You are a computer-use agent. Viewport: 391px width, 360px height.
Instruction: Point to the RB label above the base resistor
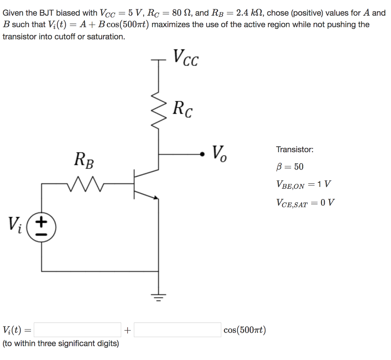click(x=84, y=160)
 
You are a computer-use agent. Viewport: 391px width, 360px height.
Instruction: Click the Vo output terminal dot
click(x=202, y=154)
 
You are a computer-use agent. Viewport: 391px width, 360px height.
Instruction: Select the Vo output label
click(x=219, y=154)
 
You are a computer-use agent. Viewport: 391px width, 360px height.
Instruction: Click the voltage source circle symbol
click(x=42, y=228)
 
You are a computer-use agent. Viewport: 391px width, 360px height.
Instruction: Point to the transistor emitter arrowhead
click(x=155, y=197)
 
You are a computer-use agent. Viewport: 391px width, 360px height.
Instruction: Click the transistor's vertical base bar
click(x=134, y=184)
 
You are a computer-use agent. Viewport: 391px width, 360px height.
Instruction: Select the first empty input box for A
click(x=78, y=330)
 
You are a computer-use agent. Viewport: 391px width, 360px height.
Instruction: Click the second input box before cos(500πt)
click(x=177, y=330)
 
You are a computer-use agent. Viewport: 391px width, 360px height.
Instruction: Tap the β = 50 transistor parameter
click(x=290, y=167)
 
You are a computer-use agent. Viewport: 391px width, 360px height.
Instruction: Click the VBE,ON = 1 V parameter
click(x=304, y=185)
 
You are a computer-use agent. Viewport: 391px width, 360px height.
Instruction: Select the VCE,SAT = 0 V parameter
click(x=305, y=203)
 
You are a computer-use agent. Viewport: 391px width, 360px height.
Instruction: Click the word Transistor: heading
click(x=295, y=149)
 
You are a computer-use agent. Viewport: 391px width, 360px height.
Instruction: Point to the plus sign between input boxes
click(x=127, y=330)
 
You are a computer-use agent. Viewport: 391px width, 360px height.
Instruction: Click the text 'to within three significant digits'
click(x=61, y=344)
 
